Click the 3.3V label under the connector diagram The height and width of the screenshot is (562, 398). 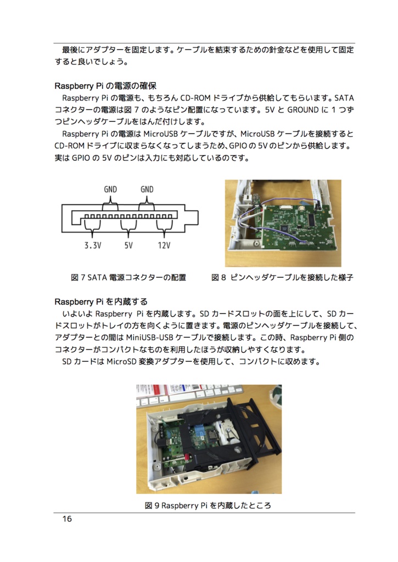(x=93, y=245)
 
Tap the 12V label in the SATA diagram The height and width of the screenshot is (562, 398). (x=164, y=245)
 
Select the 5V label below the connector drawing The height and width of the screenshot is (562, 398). (x=128, y=245)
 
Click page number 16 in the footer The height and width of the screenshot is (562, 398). (x=67, y=519)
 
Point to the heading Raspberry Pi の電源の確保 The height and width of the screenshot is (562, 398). (x=105, y=86)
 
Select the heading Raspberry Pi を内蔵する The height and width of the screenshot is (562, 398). (x=101, y=302)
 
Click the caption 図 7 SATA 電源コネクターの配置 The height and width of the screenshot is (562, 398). (x=128, y=278)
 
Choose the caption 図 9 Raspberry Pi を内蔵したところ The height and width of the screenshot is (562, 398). (x=208, y=505)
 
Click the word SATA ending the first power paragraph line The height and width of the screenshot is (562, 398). (x=344, y=98)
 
